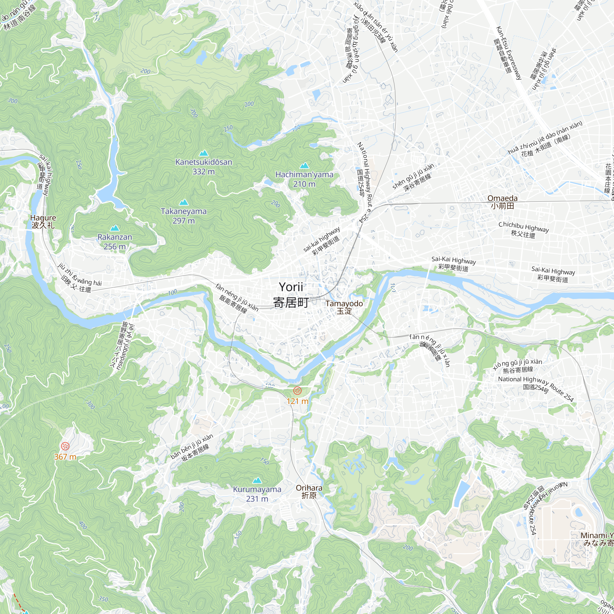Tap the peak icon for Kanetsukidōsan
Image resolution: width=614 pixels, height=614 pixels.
tap(204, 153)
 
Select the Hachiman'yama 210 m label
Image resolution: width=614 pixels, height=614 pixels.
tap(304, 179)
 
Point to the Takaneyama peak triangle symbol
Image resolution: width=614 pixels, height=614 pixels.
tap(184, 202)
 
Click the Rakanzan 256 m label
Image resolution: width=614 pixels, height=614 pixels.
tap(115, 242)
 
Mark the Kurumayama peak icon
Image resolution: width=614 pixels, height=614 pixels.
tap(257, 480)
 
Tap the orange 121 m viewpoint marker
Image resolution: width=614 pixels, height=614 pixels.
tap(297, 390)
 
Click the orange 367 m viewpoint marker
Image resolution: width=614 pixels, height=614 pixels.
tap(65, 446)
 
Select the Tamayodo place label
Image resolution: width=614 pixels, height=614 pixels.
tap(344, 307)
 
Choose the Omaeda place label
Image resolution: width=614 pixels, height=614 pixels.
tap(503, 202)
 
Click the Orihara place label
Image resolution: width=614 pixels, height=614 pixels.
tap(309, 491)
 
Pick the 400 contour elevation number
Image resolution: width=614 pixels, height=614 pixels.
tap(83, 525)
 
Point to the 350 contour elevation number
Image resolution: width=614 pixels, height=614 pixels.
tap(103, 599)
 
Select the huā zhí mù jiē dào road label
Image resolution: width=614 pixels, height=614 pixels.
tap(545, 140)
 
